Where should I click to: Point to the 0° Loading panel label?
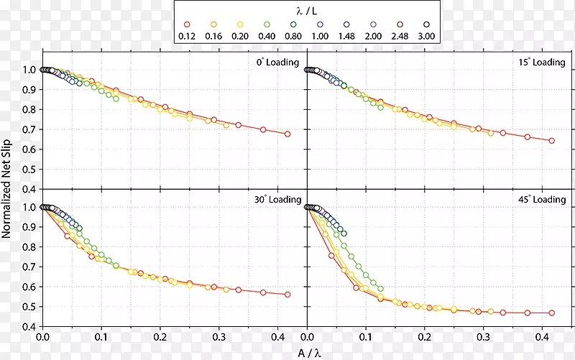[x=278, y=63]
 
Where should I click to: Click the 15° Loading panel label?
[x=542, y=63]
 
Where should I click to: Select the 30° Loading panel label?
[x=277, y=199]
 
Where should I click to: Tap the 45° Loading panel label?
[x=542, y=199]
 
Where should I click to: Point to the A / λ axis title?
[x=308, y=351]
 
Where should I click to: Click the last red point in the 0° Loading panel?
[x=287, y=134]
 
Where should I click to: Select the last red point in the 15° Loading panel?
[x=552, y=141]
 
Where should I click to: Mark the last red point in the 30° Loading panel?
[x=287, y=295]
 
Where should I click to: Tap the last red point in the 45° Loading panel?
[x=552, y=313]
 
